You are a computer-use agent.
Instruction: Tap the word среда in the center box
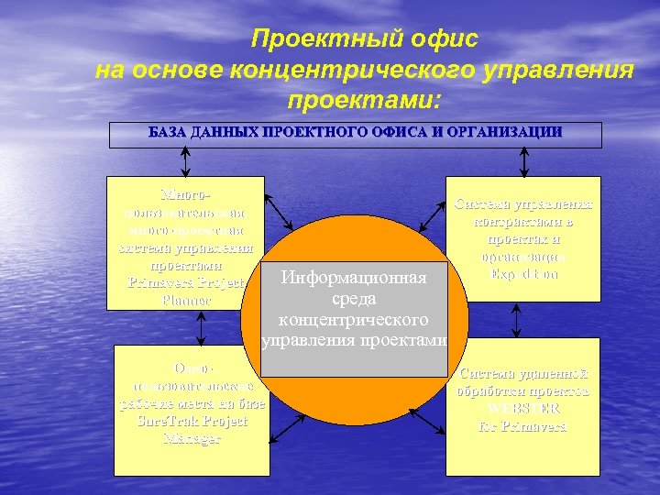354,299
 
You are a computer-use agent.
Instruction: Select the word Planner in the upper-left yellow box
185,299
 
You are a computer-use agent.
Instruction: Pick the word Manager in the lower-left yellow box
192,439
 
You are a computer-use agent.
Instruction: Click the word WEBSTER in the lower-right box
524,409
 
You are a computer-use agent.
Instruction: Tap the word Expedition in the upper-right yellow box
523,273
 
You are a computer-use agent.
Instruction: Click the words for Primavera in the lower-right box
524,426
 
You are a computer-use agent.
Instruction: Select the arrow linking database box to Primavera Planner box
186,162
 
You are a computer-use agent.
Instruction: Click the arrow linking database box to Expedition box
523,162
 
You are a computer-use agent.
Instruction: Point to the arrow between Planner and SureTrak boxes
186,327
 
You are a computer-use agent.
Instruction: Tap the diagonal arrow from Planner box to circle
279,214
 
